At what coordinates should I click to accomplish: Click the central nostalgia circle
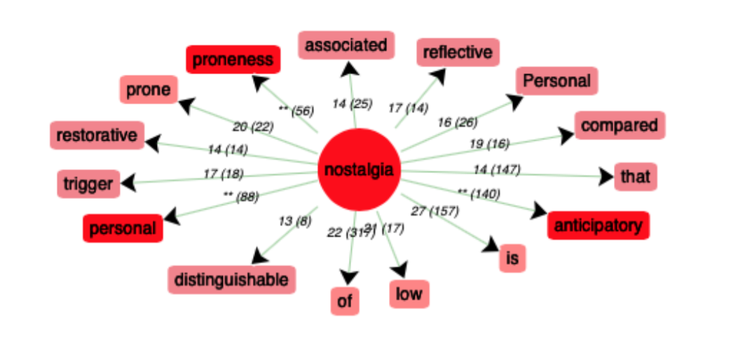point(359,169)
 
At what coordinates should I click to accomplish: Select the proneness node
point(233,60)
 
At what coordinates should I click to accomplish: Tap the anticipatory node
point(598,226)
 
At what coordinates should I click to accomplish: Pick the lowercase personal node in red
point(123,228)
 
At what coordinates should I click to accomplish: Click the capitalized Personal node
point(557,81)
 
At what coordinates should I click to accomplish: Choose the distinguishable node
point(231,280)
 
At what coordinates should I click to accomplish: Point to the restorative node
point(97,134)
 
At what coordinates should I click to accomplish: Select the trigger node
point(88,184)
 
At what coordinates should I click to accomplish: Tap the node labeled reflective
point(458,52)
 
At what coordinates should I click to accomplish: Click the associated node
point(346,46)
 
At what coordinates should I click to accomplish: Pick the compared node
point(619,125)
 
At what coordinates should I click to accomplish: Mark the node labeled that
point(635,176)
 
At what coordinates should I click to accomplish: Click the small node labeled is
point(512,259)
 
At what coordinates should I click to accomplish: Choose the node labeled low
point(409,293)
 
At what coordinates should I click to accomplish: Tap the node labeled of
point(344,301)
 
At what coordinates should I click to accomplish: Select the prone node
point(148,90)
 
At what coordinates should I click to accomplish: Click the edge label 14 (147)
point(496,169)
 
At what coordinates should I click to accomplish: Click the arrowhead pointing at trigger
point(128,184)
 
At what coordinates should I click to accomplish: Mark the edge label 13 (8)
point(294,221)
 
